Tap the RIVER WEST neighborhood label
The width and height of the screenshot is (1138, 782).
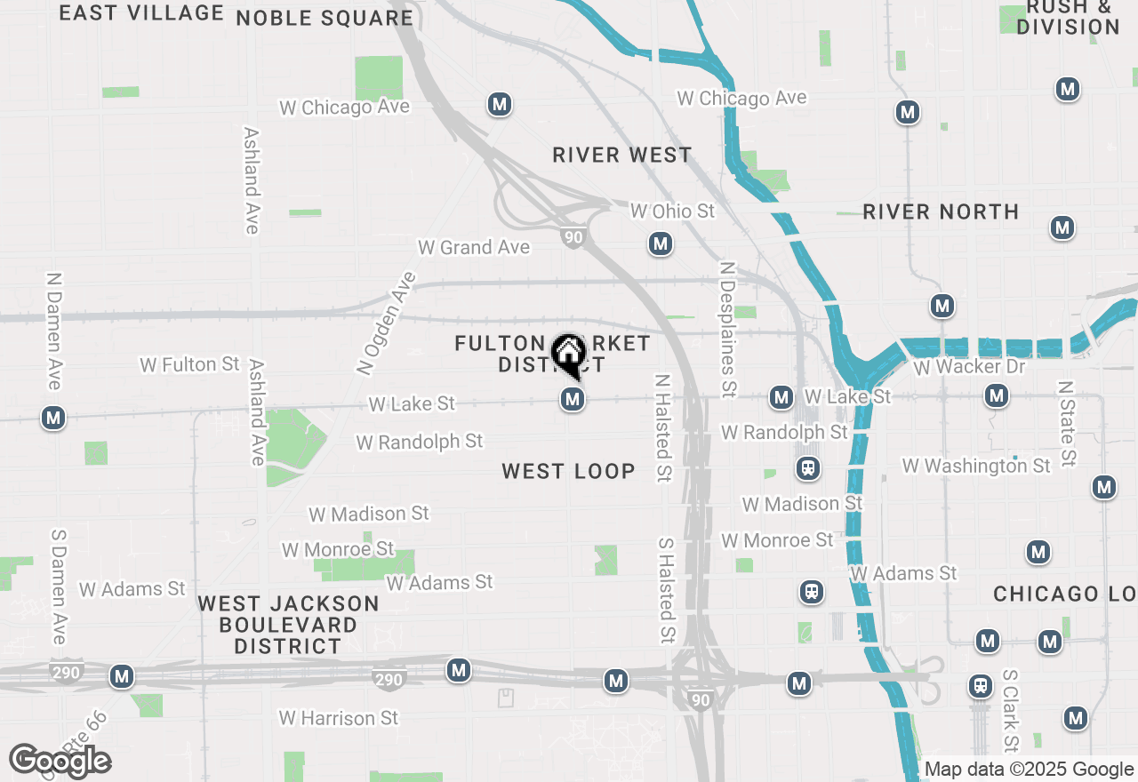(621, 155)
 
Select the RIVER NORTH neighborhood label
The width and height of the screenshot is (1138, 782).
(941, 211)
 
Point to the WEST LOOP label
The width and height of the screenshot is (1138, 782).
(568, 471)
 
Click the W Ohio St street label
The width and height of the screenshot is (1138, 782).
(672, 211)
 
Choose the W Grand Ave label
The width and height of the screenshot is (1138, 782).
(474, 247)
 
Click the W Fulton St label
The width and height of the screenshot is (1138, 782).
(190, 364)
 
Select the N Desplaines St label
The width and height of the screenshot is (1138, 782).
(728, 329)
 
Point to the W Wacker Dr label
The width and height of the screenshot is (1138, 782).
(969, 366)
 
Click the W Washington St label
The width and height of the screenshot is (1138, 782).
(976, 466)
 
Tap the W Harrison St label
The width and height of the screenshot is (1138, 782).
(339, 717)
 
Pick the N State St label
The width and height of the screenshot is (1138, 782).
(1067, 424)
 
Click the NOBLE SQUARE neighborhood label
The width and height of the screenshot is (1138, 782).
(325, 18)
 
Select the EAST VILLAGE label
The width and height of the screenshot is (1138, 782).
(141, 12)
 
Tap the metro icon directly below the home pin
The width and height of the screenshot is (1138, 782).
(573, 400)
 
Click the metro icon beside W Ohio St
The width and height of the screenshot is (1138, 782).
(660, 243)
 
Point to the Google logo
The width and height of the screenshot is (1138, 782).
(60, 761)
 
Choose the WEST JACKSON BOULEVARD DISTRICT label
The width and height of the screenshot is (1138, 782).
(288, 625)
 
